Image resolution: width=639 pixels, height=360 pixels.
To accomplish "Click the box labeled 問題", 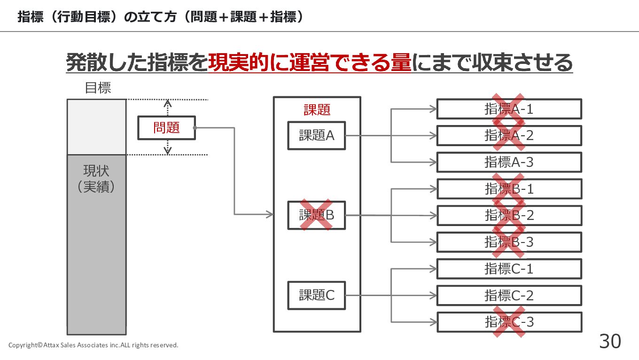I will [166, 128].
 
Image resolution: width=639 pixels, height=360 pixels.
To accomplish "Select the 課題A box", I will [316, 136].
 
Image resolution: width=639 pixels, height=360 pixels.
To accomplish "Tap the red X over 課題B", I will [316, 215].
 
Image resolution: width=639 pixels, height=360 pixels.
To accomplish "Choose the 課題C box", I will [316, 295].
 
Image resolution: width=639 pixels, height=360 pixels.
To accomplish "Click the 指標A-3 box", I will [509, 162].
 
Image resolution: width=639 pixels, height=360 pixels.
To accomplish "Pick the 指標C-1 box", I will [509, 269].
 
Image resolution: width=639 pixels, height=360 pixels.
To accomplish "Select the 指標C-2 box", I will [509, 296].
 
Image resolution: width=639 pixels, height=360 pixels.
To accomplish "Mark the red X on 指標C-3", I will [508, 322].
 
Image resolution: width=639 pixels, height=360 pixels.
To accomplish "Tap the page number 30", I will [610, 342].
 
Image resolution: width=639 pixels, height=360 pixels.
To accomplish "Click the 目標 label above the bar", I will [98, 88].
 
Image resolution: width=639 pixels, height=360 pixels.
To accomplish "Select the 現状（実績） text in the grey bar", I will [96, 179].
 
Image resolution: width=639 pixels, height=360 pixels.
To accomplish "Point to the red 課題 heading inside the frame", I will [317, 110].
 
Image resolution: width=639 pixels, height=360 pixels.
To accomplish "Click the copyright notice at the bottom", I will [94, 345].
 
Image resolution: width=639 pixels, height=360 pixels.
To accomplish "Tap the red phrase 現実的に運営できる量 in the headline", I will [310, 63].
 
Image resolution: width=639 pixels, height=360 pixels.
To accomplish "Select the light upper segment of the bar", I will [96, 127].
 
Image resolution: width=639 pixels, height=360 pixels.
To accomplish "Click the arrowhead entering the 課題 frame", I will [270, 215].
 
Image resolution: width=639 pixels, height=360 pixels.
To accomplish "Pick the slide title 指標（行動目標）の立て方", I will [99, 17].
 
